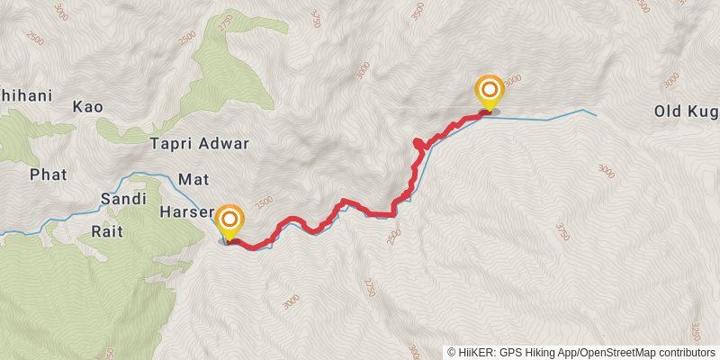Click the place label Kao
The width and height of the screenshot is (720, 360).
coord(89,107)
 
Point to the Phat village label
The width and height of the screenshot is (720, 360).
coord(48,174)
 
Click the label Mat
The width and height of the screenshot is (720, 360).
coord(193,179)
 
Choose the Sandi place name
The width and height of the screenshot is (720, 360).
coord(122,199)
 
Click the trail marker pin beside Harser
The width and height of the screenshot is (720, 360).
coord(230,220)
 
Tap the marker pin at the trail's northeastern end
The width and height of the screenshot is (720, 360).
coord(489,90)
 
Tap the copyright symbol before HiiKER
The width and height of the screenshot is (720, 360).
coord(452,353)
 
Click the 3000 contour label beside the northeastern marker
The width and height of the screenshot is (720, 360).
coord(512,79)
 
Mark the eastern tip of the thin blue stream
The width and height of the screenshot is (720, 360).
coord(596,113)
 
